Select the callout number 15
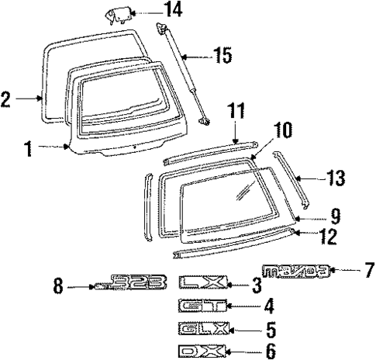(222, 55)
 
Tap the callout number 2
(6, 99)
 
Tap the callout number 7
(367, 270)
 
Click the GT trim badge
(200, 306)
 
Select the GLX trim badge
(200, 328)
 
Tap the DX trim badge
(200, 350)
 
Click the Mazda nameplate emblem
(297, 271)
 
